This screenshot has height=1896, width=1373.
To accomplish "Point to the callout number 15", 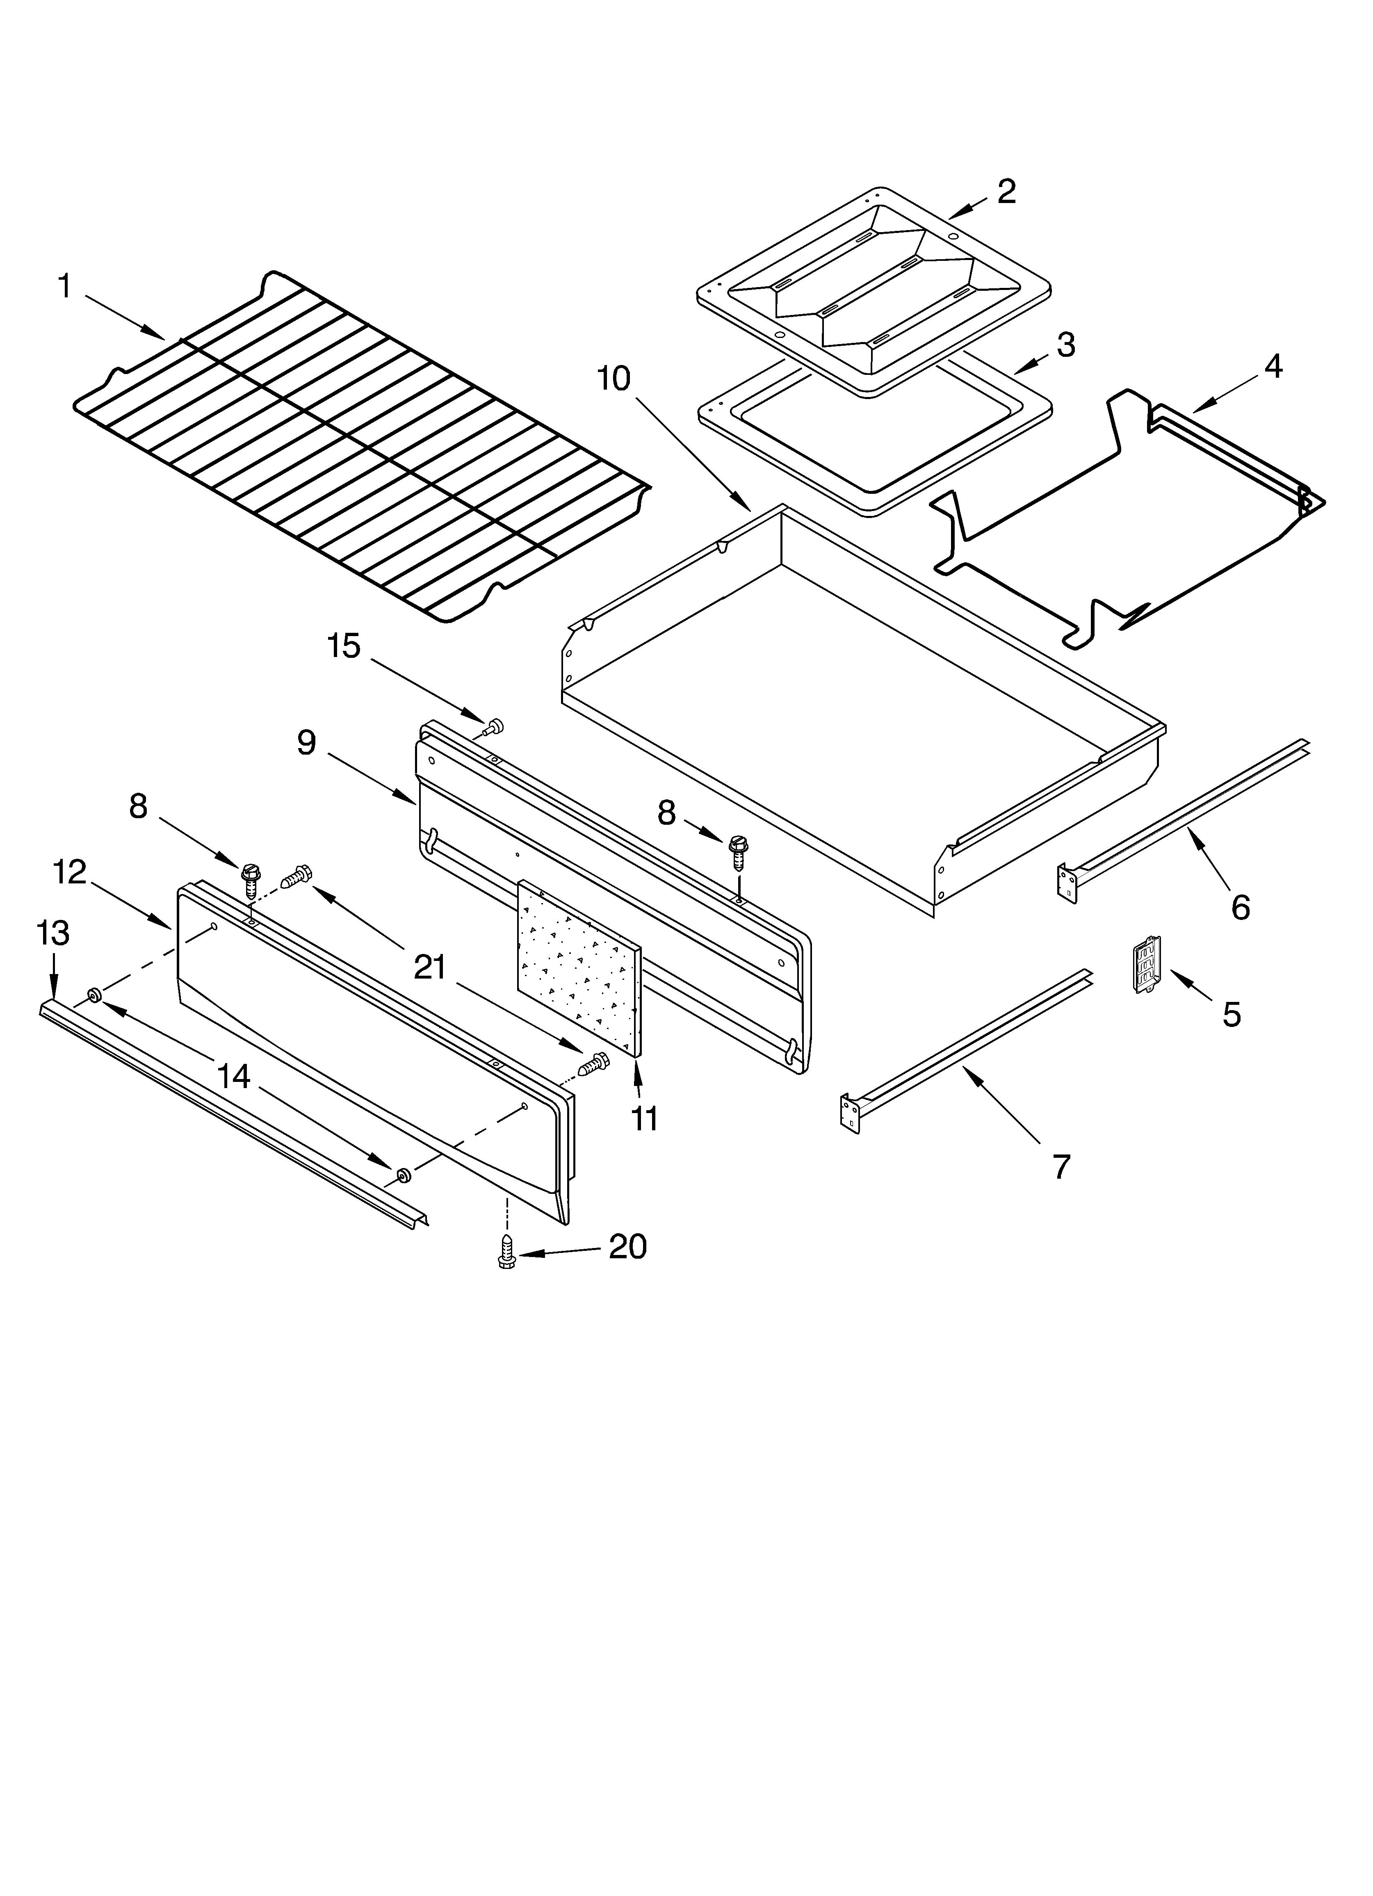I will click(x=343, y=646).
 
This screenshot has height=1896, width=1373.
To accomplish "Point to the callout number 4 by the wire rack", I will click(x=1273, y=366).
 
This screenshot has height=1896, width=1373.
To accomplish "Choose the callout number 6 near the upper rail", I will click(x=1240, y=907).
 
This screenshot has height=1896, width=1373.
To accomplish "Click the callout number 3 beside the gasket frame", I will click(x=1065, y=345).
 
